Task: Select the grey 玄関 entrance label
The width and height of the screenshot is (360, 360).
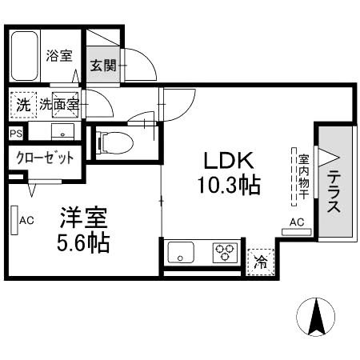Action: [x=103, y=66]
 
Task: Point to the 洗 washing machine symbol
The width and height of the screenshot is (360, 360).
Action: [x=22, y=103]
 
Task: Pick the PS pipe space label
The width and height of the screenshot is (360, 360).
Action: [x=17, y=134]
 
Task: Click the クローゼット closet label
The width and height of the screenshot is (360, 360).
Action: [x=45, y=158]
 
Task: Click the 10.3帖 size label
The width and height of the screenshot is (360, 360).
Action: [x=229, y=186]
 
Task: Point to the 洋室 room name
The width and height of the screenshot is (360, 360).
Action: [x=84, y=218]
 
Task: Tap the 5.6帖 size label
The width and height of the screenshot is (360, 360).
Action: [x=84, y=243]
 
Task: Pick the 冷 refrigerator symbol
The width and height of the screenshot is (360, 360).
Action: [x=261, y=259]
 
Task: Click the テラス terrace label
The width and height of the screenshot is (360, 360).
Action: [x=334, y=193]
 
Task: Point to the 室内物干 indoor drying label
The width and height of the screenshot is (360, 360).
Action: [x=304, y=174]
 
